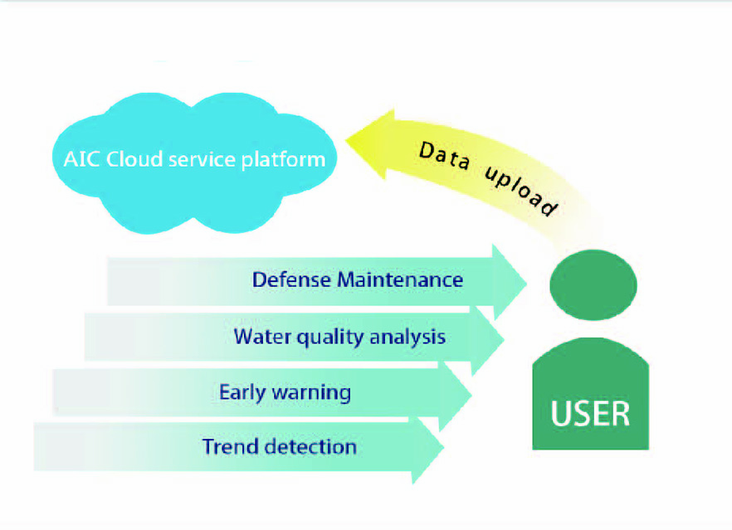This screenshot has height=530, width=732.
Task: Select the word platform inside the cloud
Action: [x=283, y=160]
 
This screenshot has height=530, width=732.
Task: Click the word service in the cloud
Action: [x=202, y=159]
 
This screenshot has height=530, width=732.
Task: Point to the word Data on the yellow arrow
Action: [x=444, y=156]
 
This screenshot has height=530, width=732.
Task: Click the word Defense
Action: [x=292, y=280]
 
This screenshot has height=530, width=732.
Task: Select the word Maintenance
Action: [x=400, y=280]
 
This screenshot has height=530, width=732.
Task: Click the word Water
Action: [x=262, y=337]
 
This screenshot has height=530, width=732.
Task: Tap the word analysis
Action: [x=407, y=338]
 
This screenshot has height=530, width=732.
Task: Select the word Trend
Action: [x=231, y=446]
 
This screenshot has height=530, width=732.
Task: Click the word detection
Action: [x=310, y=446]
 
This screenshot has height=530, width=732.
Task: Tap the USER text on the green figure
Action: [x=590, y=413]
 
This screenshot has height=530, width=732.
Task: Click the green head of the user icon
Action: [x=593, y=284]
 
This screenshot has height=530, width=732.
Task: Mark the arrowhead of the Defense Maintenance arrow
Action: [x=510, y=282]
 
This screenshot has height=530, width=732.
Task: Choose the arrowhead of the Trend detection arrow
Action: [x=427, y=448]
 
